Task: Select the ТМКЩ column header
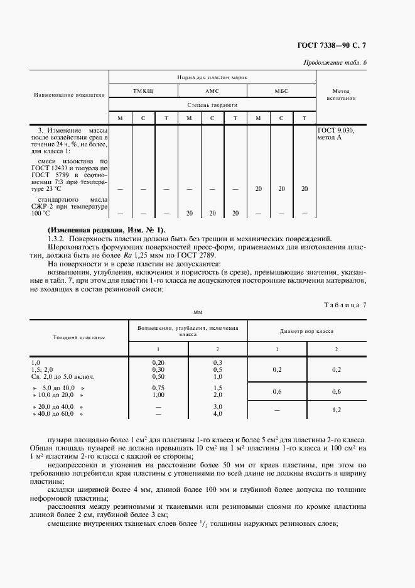[x=143, y=91]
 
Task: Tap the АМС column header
[x=212, y=91]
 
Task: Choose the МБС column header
[x=281, y=91]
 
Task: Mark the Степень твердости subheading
[x=212, y=104]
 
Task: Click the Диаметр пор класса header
[x=306, y=330]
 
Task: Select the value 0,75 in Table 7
[x=158, y=388]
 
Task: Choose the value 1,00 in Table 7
[x=158, y=395]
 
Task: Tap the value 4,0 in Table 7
[x=218, y=413]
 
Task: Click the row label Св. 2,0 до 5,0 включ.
[x=63, y=376]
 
